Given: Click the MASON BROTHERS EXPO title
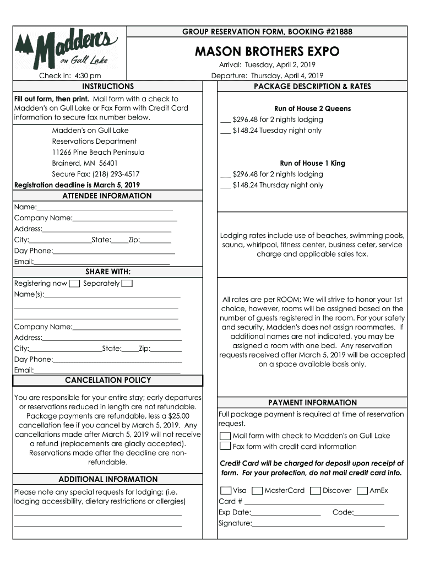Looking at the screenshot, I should coord(267,52).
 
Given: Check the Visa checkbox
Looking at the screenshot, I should coord(225,490).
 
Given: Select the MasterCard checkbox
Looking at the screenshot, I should coord(257,490).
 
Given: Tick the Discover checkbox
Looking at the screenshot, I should coord(315,490).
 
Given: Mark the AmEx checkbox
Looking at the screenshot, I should coord(362,490).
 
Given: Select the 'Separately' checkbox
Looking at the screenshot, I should coord(127,284).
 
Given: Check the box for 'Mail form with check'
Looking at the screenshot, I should coord(225,436).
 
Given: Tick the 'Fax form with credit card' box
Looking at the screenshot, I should coord(225,447).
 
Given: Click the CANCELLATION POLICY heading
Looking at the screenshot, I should coord(108,381).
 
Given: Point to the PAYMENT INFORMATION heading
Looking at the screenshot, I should coord(312,403).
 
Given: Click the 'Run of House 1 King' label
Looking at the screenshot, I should coord(312,163).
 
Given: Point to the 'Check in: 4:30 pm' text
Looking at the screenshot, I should coord(69,76).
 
